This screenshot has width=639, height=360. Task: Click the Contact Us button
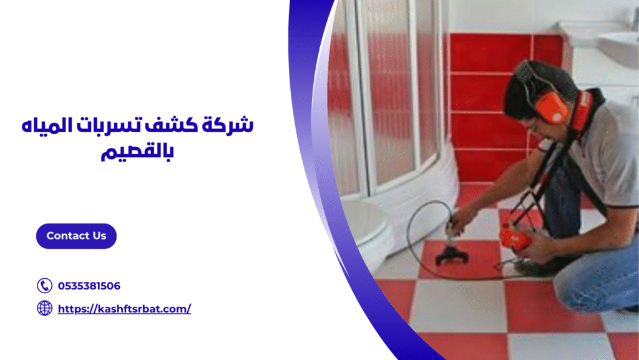[x=76, y=236]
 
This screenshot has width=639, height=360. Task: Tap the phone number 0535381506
[x=89, y=286]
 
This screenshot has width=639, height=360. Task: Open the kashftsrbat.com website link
[x=124, y=308]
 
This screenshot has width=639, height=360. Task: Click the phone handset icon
[x=44, y=286]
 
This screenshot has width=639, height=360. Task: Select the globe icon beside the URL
[x=44, y=308]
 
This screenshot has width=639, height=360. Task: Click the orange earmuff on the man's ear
[x=552, y=107]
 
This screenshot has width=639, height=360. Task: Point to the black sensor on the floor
[x=451, y=254]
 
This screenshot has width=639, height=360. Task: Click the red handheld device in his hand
[x=515, y=238]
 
